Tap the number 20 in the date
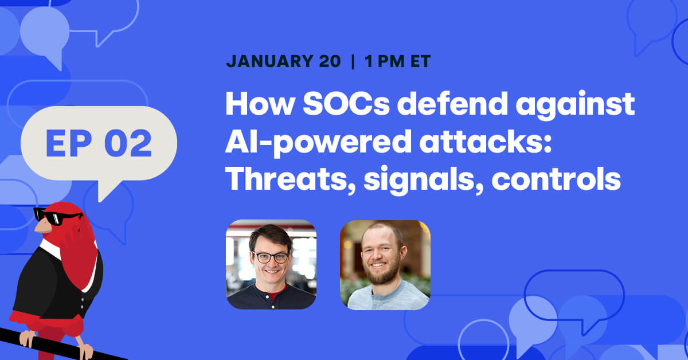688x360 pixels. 329,61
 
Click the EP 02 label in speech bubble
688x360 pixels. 99,143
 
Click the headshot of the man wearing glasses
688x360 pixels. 271,264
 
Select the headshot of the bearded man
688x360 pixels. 385,264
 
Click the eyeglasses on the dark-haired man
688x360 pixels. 270,257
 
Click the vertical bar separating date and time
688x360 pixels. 352,61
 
